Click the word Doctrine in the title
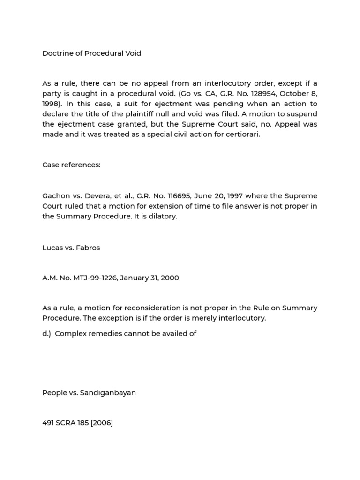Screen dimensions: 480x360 coord(57,53)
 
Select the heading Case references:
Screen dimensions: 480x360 coord(71,165)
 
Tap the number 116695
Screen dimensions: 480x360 coord(165,196)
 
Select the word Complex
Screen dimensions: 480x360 coord(69,334)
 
